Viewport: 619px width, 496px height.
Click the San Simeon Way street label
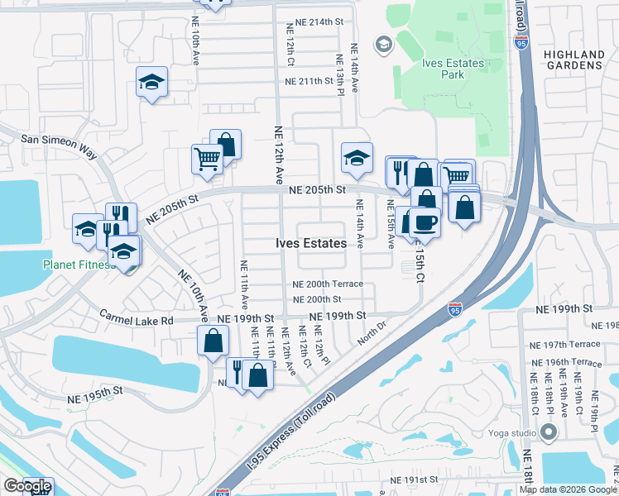(59, 145)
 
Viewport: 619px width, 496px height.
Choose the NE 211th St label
(314, 82)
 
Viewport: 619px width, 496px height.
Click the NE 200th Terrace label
(327, 284)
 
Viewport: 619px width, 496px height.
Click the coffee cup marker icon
(424, 222)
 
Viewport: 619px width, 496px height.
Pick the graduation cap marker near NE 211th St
(151, 82)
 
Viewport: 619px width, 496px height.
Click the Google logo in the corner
(26, 487)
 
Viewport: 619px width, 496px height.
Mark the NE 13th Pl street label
(338, 74)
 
